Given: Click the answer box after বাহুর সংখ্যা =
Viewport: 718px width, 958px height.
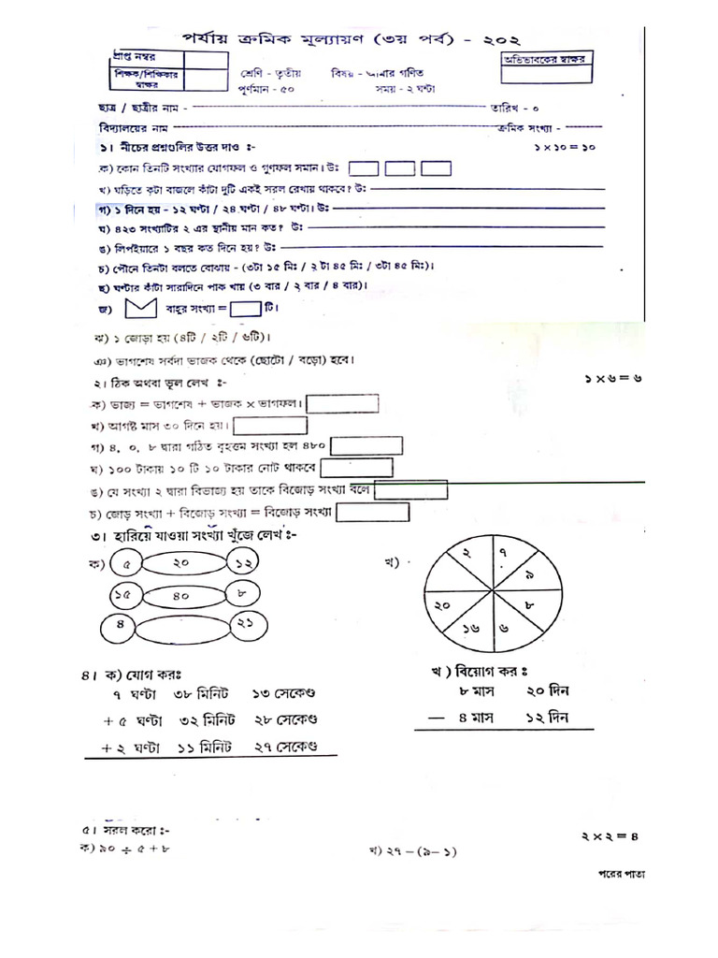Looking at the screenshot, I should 245,307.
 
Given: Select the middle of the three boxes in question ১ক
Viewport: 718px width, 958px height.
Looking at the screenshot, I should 399,168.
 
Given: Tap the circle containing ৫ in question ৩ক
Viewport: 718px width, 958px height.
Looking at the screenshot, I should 126,564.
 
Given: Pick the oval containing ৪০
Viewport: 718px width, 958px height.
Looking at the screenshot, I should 181,595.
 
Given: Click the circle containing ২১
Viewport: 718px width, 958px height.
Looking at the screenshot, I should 246,626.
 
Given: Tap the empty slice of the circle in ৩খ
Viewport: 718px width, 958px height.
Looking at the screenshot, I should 447,583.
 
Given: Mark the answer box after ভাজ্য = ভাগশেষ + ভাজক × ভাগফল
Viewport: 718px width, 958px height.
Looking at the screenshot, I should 342,403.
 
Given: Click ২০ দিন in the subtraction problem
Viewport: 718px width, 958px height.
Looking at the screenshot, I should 548,691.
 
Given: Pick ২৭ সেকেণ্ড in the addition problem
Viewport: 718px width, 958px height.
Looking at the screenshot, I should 285,747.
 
